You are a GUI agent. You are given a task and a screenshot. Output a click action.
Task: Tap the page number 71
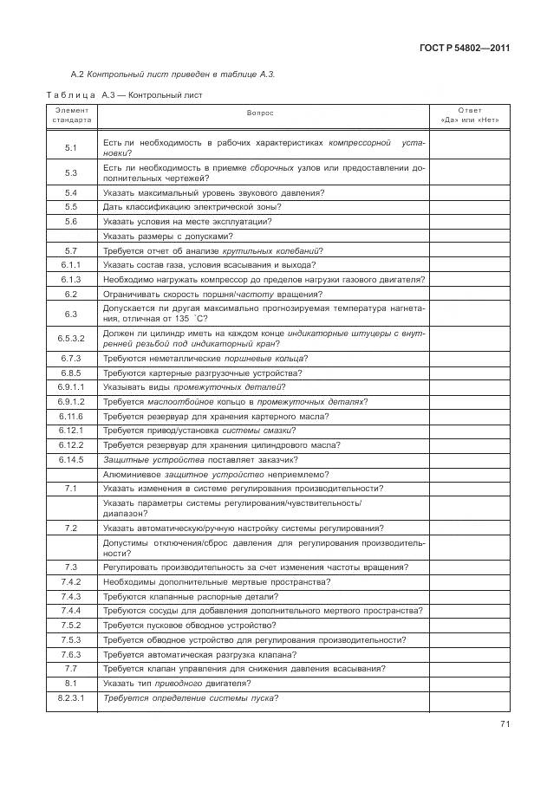[504, 725]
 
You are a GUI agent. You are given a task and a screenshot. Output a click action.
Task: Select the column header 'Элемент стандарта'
[71, 115]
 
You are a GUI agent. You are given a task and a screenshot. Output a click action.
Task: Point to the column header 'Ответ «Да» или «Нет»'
[469, 115]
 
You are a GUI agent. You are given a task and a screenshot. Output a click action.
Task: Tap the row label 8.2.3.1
[71, 697]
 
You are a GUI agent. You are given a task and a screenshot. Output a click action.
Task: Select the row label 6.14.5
[71, 459]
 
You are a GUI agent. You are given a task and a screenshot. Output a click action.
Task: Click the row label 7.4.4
[71, 611]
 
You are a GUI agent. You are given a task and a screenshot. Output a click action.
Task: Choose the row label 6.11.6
[71, 416]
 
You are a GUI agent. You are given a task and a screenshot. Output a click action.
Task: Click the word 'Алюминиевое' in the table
[130, 474]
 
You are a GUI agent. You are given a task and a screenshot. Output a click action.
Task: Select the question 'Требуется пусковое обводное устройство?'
[189, 625]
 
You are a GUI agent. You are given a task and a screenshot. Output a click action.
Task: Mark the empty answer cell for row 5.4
[469, 192]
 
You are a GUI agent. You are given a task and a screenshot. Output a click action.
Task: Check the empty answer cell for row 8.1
[469, 683]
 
